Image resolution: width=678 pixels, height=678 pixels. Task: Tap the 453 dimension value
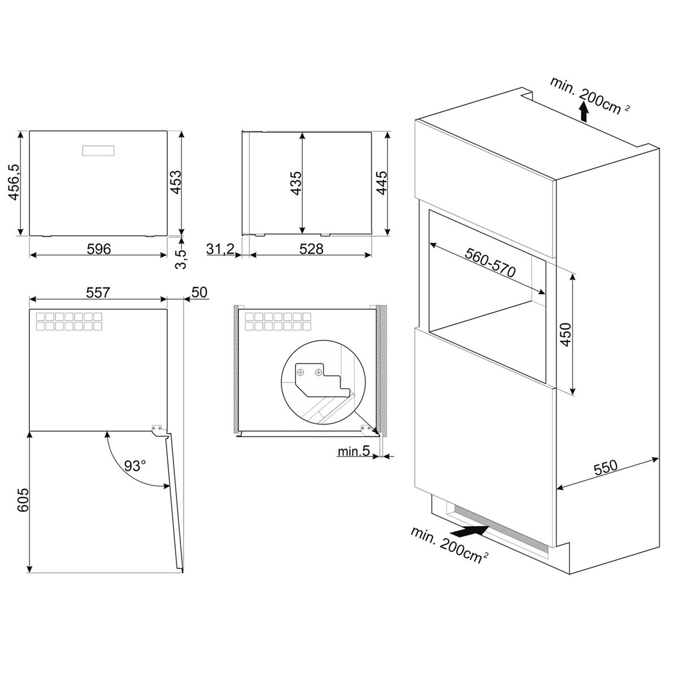[x=175, y=182]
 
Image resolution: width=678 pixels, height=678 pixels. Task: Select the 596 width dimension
[x=99, y=249]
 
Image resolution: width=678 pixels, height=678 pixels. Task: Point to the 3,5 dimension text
[x=180, y=260]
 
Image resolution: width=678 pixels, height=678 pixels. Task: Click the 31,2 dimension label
[x=220, y=249]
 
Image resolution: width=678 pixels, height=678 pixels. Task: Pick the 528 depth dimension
[x=311, y=249]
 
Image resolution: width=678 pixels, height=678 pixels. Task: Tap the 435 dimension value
[x=296, y=183]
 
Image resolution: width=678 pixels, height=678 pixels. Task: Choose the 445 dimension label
[x=381, y=182]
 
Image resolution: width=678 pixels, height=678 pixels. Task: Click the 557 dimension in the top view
[x=98, y=292]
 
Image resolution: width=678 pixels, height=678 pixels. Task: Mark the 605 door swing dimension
[x=23, y=500]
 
